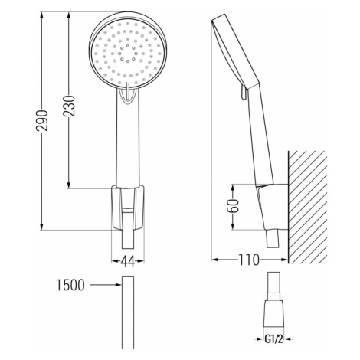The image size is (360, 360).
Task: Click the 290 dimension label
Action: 42,121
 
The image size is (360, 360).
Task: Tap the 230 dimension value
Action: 70,106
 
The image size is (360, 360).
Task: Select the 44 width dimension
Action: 128,261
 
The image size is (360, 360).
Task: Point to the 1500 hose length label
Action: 70,285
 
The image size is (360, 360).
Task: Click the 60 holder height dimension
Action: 233,205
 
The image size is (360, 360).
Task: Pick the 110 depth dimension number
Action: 248,260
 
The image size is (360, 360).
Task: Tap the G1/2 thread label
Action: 273,339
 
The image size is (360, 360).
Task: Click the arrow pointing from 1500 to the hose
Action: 106,285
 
